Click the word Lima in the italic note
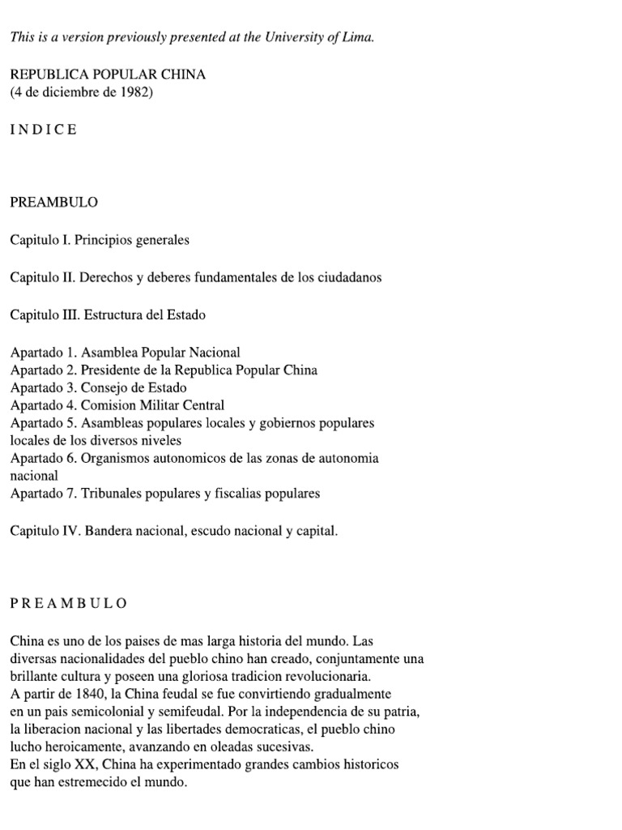[360, 38]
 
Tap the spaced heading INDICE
[44, 130]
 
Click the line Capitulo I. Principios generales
[100, 240]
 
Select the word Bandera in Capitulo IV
[104, 531]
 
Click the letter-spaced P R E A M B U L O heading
[69, 604]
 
